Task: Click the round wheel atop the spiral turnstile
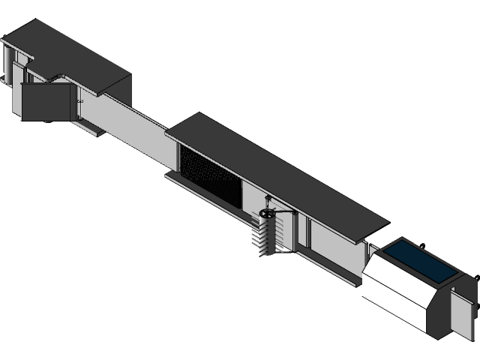click(268, 216)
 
